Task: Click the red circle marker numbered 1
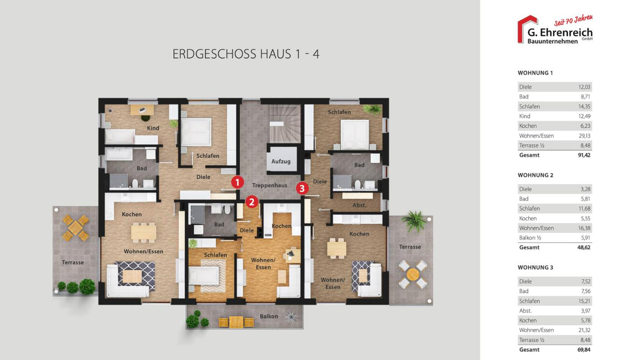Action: point(237,183)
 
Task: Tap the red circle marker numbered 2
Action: point(251,202)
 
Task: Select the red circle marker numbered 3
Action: point(302,188)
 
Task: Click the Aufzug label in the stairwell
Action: point(281,162)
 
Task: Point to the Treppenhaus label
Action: point(269,185)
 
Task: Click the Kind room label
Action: point(153,128)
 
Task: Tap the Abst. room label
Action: point(360,205)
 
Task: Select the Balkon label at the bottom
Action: point(269,316)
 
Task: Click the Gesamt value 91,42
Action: point(584,155)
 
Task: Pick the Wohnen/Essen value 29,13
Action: point(584,136)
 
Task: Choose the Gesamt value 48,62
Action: point(584,248)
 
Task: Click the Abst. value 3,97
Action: point(585,311)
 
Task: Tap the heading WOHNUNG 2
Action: point(535,175)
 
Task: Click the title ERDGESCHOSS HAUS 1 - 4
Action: point(246,54)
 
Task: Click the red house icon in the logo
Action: point(527,29)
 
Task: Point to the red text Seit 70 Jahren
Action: point(573,20)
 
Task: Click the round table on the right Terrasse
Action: point(413,274)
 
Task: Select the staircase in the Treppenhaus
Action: point(285,124)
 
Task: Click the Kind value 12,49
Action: point(584,117)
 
